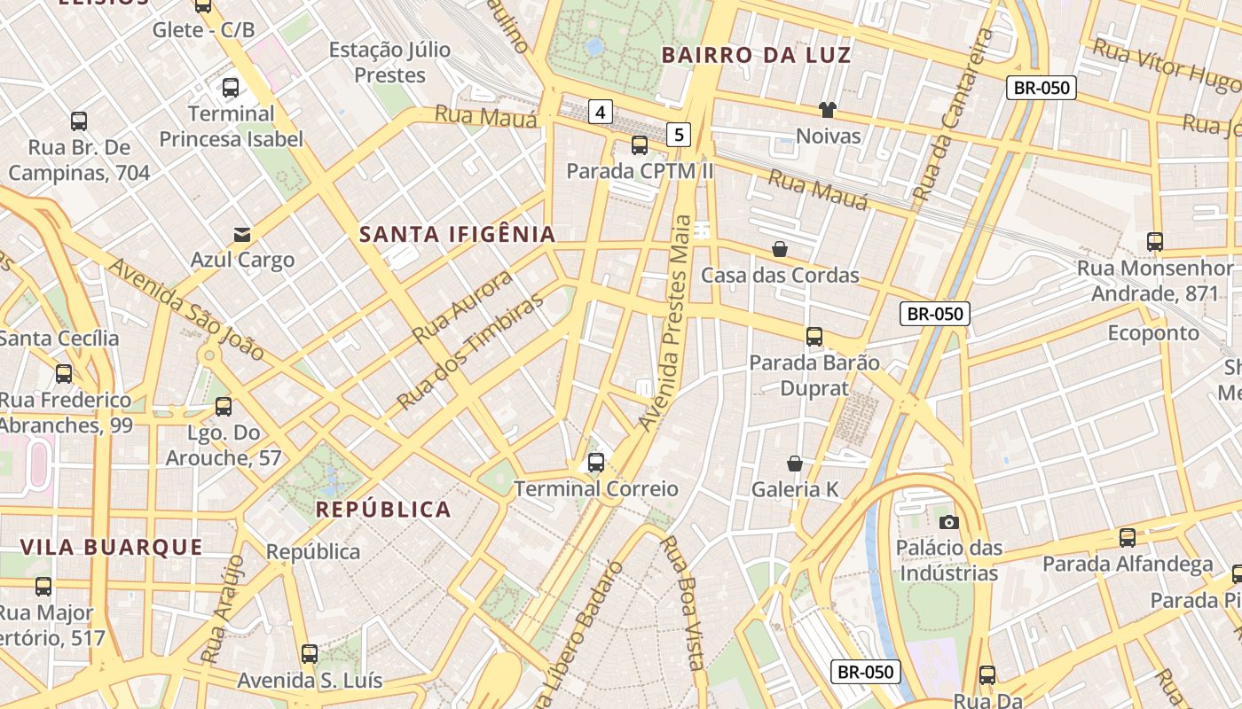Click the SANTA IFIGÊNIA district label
457,234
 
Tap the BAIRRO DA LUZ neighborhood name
756,55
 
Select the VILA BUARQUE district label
112,547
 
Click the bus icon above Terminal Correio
596,462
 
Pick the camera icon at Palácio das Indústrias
948,522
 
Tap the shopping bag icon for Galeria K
795,464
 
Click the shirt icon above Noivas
828,110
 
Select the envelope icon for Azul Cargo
242,235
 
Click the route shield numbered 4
601,112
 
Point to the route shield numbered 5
679,135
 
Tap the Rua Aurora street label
463,307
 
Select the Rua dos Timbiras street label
470,352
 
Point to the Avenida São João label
186,308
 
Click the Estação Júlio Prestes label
389,62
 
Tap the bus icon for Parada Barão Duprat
814,337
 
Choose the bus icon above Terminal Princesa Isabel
231,88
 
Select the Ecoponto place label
1153,332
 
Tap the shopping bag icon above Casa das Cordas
780,249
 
